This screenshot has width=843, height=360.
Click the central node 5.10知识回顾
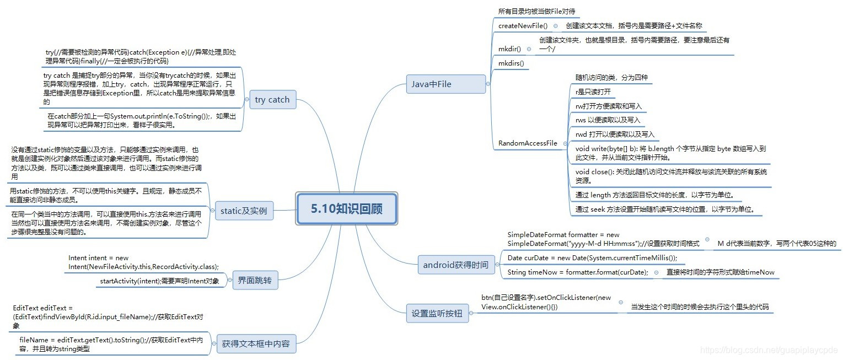[346, 208]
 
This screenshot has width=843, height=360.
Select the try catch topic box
[272, 100]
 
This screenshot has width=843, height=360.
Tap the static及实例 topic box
[243, 211]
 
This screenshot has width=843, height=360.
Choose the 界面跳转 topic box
[255, 280]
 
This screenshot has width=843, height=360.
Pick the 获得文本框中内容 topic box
[255, 344]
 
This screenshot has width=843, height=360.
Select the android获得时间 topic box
[455, 265]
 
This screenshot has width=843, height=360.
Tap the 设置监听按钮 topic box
[437, 314]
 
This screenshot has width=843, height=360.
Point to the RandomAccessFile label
[528, 143]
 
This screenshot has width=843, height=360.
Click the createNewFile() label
[523, 26]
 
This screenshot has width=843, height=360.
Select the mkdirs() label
[511, 63]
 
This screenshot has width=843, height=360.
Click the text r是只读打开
[593, 92]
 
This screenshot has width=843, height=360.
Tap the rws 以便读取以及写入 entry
[608, 120]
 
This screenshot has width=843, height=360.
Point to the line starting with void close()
[670, 176]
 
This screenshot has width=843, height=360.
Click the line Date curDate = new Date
[592, 258]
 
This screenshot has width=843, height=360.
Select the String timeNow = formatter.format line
[578, 272]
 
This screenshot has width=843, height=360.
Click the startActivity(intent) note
[159, 281]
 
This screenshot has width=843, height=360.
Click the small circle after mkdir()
[529, 49]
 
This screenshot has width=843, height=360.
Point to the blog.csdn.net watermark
[769, 350]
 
